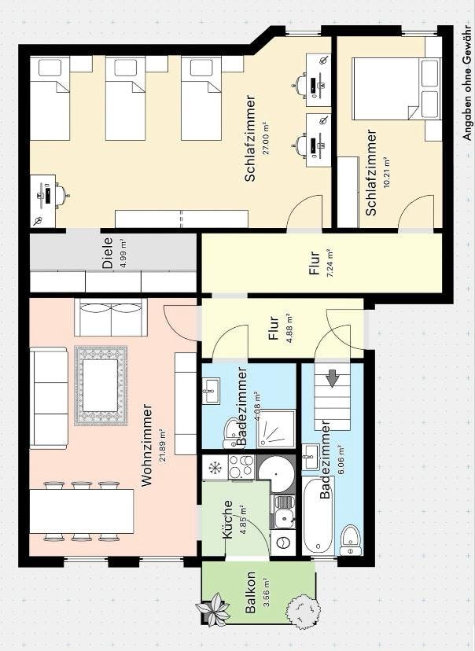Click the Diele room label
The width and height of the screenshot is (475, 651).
(108, 254)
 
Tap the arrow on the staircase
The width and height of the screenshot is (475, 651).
(333, 380)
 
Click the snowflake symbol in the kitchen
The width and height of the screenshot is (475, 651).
(214, 467)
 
